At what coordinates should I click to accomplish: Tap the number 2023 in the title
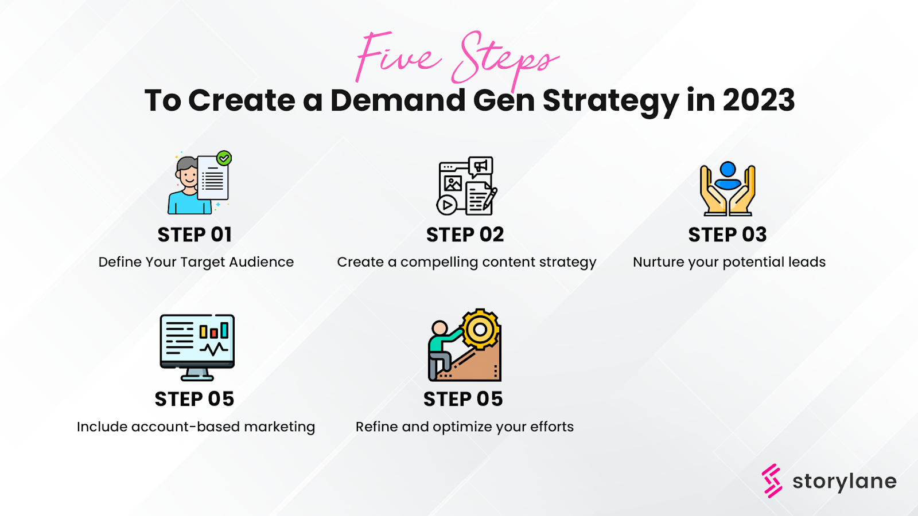point(758,100)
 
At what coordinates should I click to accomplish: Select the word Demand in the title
point(397,100)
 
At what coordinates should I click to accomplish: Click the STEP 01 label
point(195,234)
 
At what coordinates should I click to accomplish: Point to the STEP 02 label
point(465,234)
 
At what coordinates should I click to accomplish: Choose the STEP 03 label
point(727,234)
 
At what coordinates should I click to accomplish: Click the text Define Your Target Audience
point(196,262)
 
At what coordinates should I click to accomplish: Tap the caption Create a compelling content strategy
point(466,262)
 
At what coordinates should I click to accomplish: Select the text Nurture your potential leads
point(729,262)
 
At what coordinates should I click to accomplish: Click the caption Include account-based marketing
point(196,427)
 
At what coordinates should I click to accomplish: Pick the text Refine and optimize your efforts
point(464,427)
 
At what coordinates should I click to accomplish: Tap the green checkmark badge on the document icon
point(224,158)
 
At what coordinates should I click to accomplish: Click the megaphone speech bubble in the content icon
point(480,166)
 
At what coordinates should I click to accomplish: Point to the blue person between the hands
point(728,175)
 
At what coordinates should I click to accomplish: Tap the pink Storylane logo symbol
point(772,480)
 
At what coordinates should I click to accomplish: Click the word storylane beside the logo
point(844,482)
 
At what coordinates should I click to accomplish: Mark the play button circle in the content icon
point(446,205)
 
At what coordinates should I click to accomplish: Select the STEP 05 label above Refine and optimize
point(462,399)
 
